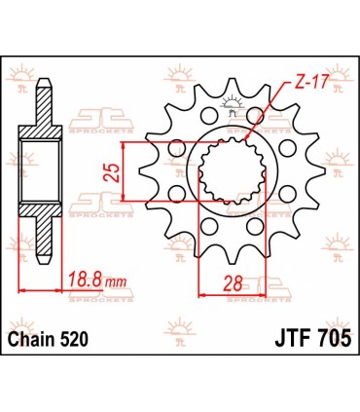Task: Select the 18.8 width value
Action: click(85, 283)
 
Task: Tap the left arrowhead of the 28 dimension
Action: click(201, 293)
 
